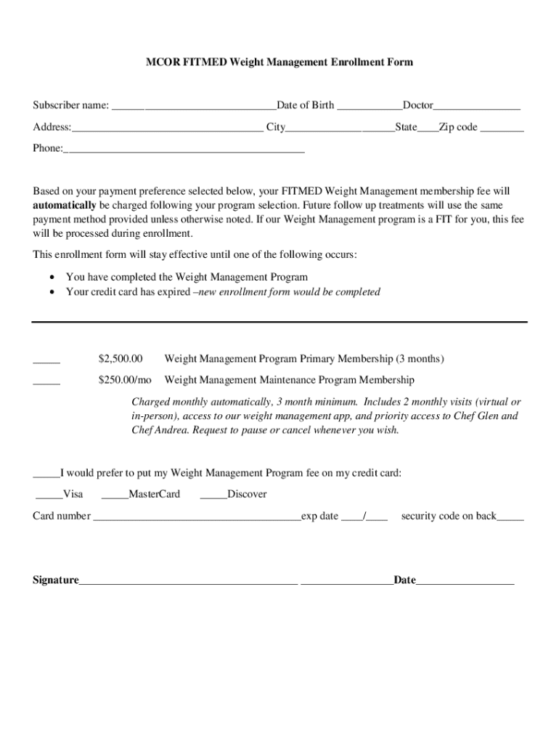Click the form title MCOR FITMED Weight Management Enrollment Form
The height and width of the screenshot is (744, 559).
tap(279, 62)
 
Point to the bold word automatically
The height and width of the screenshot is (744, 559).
tap(65, 205)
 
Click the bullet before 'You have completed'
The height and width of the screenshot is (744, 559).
tap(51, 278)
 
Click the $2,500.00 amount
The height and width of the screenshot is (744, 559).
tap(121, 359)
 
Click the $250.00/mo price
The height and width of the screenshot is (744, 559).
tap(125, 380)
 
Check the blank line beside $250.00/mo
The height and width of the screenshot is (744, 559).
tap(46, 382)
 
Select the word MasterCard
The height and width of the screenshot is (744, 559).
tap(154, 495)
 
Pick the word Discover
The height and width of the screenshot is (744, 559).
tap(247, 495)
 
